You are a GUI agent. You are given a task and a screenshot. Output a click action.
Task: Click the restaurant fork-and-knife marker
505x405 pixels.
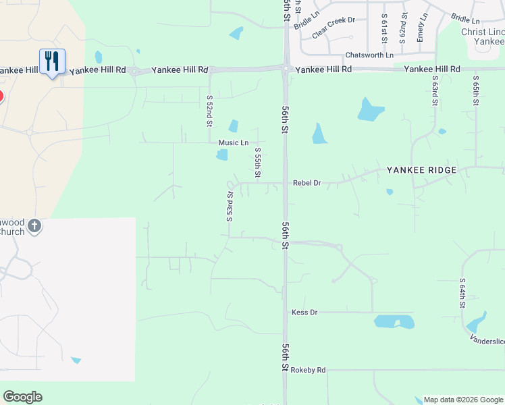(52, 61)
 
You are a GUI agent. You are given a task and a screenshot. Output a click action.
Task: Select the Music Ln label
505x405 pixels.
(234, 143)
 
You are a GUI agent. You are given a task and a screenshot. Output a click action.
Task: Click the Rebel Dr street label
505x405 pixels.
(307, 183)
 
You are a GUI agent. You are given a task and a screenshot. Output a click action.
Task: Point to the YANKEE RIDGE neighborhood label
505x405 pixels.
(421, 170)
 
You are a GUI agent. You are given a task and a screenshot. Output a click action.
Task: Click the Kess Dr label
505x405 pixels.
(304, 313)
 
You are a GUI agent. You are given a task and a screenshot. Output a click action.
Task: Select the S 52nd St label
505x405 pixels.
(209, 110)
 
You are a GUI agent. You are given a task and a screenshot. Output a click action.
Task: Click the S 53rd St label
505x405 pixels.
(230, 205)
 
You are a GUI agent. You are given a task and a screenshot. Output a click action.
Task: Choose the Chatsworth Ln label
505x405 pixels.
(369, 55)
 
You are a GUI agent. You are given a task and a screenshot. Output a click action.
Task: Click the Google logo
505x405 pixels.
(22, 397)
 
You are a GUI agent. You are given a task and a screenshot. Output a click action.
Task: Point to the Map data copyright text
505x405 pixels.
(463, 400)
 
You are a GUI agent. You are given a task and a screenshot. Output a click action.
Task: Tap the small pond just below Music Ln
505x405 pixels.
(222, 155)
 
